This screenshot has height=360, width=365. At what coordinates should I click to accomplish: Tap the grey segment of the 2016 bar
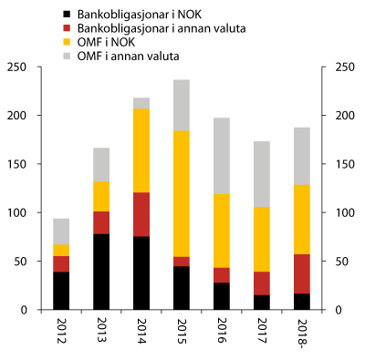click(221, 156)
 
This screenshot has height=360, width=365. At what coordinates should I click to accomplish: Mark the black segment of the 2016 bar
click(221, 296)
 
